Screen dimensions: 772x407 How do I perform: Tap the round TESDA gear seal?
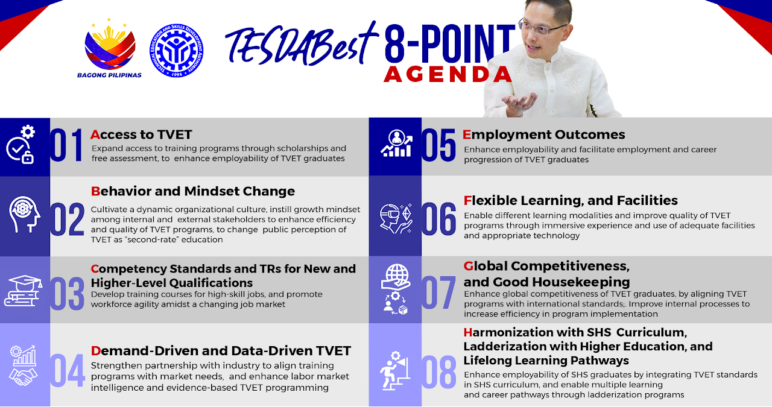coord(176,50)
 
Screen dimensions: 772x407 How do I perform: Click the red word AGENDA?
coord(448,74)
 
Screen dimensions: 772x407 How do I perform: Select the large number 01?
coord(66,145)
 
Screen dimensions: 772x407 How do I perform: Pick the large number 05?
coord(438,145)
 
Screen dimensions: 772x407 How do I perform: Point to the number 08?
coord(438,372)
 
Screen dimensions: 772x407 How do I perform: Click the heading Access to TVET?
coord(141,134)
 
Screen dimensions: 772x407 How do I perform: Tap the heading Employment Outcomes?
coord(543,134)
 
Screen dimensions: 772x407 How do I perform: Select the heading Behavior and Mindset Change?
coord(193,191)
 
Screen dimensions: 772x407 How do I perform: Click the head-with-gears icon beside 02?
coord(24,214)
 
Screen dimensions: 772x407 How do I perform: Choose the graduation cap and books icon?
coord(23,291)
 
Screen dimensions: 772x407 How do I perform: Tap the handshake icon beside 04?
coord(23,376)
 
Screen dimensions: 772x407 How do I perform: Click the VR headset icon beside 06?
coord(396,218)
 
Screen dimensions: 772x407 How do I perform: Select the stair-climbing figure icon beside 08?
coord(395,370)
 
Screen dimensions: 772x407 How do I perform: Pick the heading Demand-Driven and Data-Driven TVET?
coord(221,351)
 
